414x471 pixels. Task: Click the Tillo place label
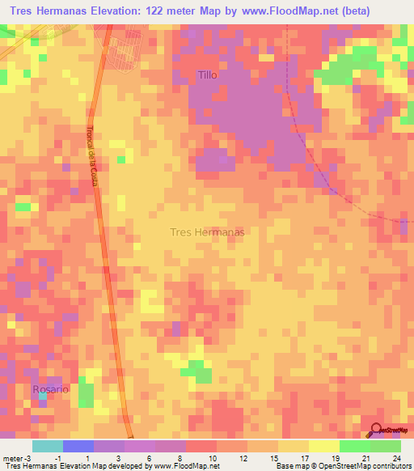(208, 75)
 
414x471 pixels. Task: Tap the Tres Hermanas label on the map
(207, 231)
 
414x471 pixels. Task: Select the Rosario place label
(50, 389)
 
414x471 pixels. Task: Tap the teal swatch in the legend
(47, 446)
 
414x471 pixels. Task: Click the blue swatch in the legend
(78, 446)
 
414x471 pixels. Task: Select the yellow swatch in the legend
(323, 446)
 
